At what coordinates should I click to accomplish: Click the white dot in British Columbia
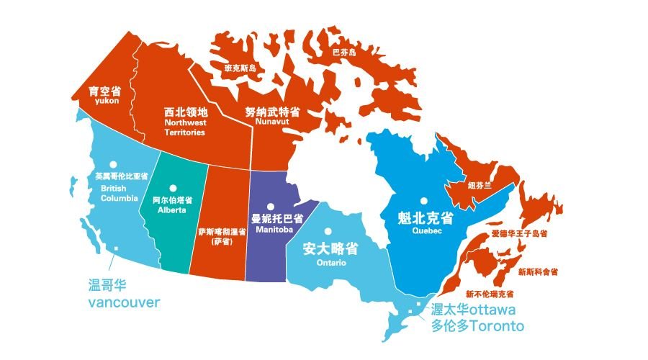(112, 164)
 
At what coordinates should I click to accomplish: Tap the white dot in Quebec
(425, 200)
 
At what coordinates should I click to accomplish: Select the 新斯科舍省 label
(537, 271)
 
